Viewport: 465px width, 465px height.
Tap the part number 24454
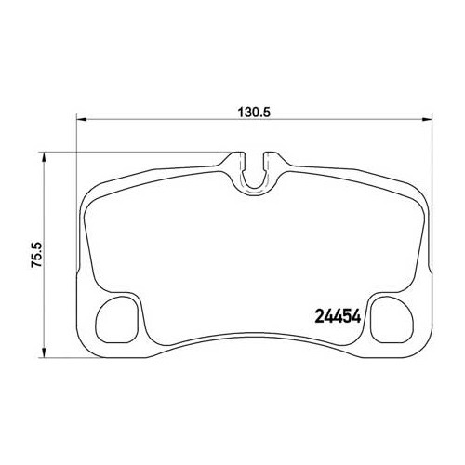pos(329,313)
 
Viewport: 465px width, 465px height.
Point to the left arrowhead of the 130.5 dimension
pos(80,119)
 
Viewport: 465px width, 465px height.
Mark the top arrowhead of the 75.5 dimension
pos(40,154)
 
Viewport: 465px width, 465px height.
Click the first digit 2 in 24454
pos(311,313)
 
